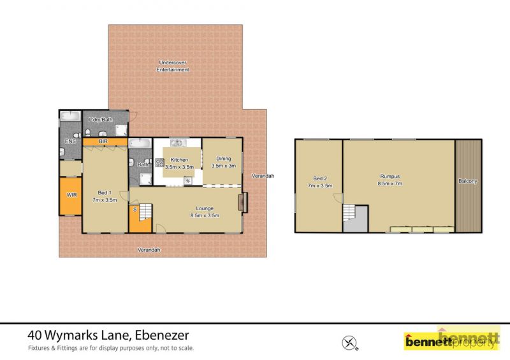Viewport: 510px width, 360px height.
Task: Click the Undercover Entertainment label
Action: pyautogui.click(x=172, y=66)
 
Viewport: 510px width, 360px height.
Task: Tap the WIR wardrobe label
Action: pyautogui.click(x=71, y=195)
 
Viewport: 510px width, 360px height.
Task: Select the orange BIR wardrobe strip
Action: pyautogui.click(x=105, y=141)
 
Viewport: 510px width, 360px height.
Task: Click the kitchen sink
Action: pyautogui.click(x=178, y=143)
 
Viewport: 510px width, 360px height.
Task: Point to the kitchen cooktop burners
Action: pyautogui.click(x=159, y=162)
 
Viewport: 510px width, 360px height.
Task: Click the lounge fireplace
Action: pyautogui.click(x=243, y=203)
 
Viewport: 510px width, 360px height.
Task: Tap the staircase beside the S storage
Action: pyautogui.click(x=146, y=212)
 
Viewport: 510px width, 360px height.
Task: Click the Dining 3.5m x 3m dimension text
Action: pyautogui.click(x=224, y=166)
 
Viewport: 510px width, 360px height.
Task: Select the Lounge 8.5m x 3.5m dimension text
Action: pyautogui.click(x=205, y=215)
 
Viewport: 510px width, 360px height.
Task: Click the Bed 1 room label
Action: pyautogui.click(x=105, y=193)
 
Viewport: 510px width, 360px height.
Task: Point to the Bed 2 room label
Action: pyautogui.click(x=320, y=178)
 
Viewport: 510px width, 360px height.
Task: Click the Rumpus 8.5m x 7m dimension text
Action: pyautogui.click(x=390, y=184)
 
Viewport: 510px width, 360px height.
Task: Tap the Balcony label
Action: pyautogui.click(x=468, y=181)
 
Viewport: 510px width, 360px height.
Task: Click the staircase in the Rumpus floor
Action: pyautogui.click(x=349, y=212)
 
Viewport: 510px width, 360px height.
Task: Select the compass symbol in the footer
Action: pyautogui.click(x=349, y=343)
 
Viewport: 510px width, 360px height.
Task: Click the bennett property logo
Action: pyautogui.click(x=452, y=338)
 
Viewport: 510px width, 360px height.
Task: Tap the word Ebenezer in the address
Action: pyautogui.click(x=162, y=335)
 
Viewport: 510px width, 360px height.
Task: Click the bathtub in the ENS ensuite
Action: pyautogui.click(x=71, y=116)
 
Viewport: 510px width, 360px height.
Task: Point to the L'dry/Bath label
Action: pyautogui.click(x=101, y=120)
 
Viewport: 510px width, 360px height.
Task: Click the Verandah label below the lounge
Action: pyautogui.click(x=149, y=250)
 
